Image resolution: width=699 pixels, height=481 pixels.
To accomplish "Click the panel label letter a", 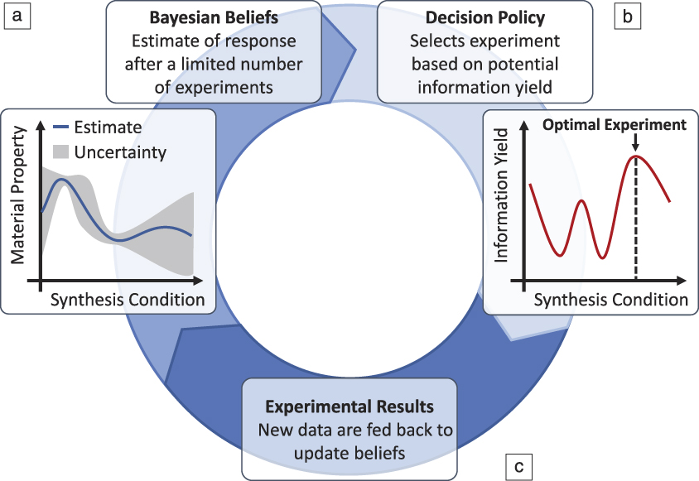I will click(17, 16).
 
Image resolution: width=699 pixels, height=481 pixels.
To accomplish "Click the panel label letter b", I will click(627, 16).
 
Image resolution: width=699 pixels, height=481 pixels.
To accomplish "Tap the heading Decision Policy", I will click(484, 17).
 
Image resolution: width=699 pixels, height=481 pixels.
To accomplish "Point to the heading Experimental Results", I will click(349, 407).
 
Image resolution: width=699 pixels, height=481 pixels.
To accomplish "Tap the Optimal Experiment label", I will click(615, 125).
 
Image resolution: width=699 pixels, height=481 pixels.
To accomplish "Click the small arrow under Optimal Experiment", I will click(635, 143).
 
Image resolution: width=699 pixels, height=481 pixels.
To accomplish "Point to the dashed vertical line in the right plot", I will click(635, 224).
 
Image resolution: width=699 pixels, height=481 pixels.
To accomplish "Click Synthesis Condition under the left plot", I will click(128, 300).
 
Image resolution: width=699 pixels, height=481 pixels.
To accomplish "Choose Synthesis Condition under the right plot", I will click(610, 300).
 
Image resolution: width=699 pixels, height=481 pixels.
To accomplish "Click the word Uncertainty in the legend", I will click(120, 152).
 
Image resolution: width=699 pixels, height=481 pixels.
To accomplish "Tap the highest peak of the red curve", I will click(635, 156).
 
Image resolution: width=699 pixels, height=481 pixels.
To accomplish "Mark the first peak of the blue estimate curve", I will click(60, 180).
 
